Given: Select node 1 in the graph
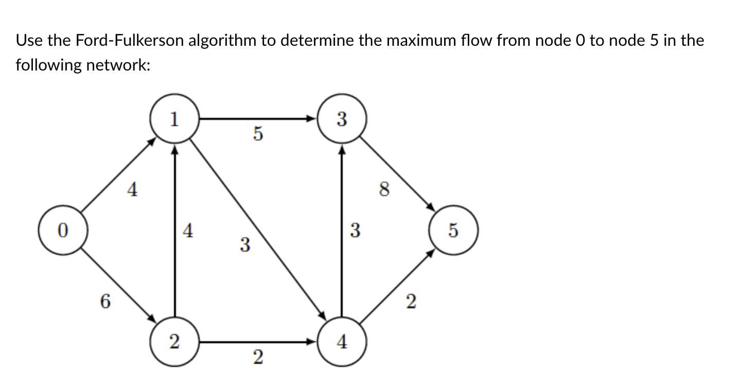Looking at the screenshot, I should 174,119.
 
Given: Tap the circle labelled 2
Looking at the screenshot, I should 174,341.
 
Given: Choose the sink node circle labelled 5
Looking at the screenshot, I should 453,230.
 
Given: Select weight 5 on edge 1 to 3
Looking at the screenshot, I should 258,134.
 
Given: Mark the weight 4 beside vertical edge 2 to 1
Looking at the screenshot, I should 188,230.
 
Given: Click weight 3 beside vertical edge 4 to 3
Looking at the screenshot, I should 355,230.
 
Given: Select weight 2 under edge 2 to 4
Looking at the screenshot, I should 258,356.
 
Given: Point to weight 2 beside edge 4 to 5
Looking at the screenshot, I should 410,302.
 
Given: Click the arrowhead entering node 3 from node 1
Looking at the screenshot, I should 312,119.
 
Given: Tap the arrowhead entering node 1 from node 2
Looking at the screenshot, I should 175,150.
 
